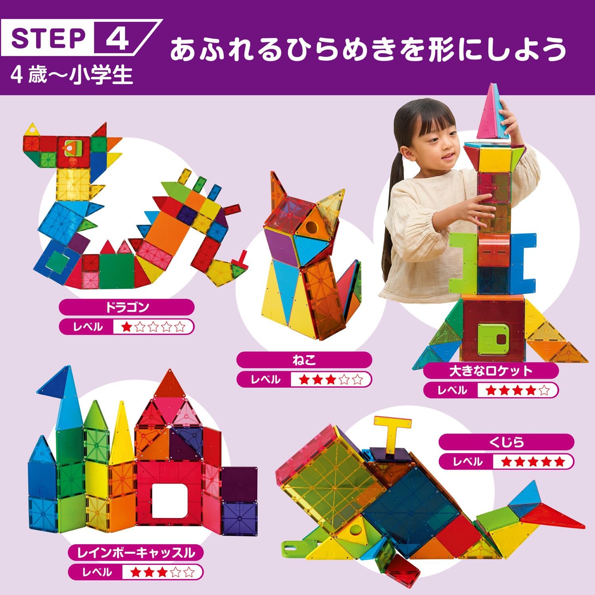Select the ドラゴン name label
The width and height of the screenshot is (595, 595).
(127, 307)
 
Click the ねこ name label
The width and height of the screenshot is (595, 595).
(304, 360)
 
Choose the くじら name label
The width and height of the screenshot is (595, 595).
(507, 441)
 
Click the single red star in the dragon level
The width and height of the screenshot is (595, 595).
(127, 327)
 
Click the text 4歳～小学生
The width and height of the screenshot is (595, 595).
(72, 75)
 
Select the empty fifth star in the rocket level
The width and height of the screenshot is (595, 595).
(544, 390)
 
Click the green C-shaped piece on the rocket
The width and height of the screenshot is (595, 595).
(463, 262)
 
